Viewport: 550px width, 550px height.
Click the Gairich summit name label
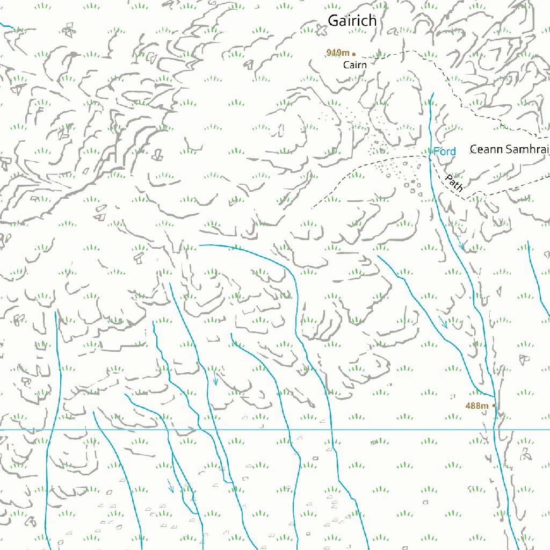[352, 21]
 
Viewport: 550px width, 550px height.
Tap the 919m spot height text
[338, 53]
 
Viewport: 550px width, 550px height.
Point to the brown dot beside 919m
[354, 54]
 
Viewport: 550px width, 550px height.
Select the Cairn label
[355, 65]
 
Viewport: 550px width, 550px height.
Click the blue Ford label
[445, 152]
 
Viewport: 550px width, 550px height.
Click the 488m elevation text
[477, 406]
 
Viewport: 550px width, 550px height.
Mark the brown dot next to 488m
[494, 406]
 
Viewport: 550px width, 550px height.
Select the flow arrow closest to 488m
[443, 323]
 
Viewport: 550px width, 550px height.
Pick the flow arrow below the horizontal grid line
[171, 487]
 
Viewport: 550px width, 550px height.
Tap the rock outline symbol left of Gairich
[321, 32]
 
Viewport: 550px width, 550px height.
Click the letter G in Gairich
[334, 21]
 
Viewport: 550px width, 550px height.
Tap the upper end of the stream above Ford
[432, 93]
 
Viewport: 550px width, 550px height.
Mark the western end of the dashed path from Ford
[312, 208]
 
